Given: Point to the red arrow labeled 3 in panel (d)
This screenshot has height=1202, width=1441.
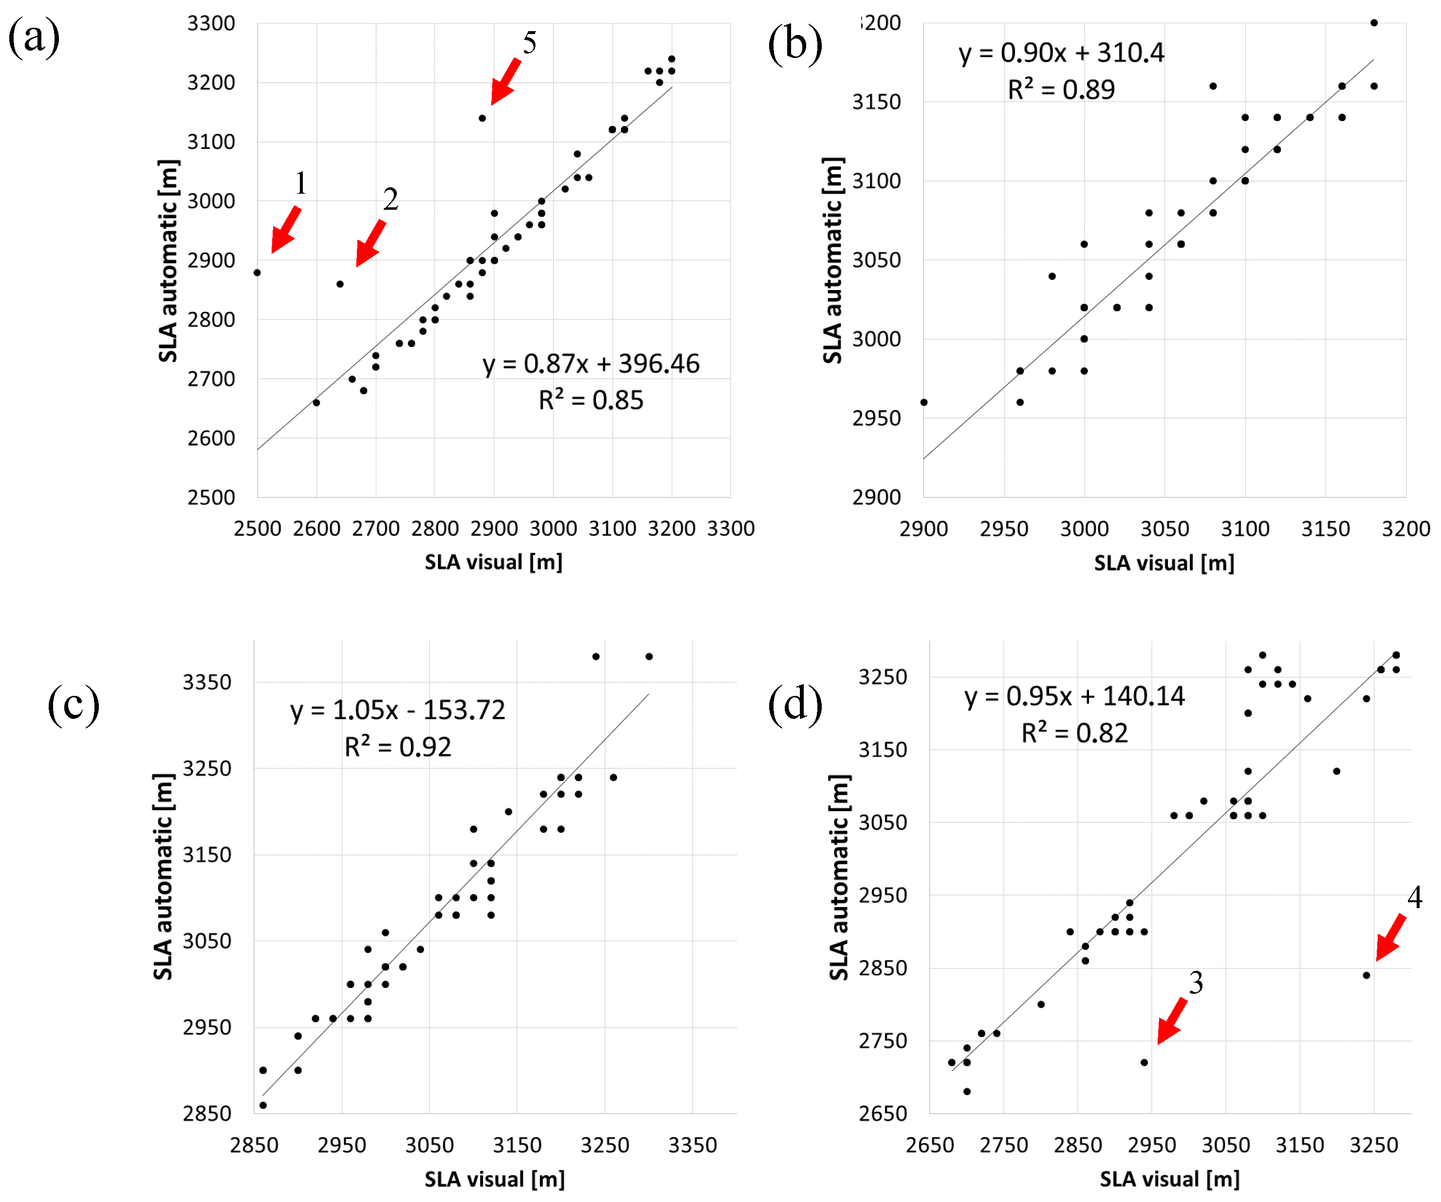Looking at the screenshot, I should click(1171, 1021).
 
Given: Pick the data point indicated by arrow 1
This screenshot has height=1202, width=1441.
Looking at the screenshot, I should click(258, 273).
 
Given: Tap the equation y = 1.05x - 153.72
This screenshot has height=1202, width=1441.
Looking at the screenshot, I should click(397, 710).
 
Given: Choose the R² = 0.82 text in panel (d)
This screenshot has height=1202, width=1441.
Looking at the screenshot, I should click(1074, 733).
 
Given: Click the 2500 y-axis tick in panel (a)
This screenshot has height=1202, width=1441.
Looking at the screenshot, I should click(211, 497).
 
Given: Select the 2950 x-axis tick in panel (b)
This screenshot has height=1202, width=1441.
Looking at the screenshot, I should click(1004, 529).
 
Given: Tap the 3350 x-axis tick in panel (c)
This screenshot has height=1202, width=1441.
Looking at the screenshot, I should click(692, 1145).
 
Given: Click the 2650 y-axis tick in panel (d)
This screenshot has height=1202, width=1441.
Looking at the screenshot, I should click(883, 1113).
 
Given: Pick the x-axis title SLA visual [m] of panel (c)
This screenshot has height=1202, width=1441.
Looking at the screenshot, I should click(494, 1179).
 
